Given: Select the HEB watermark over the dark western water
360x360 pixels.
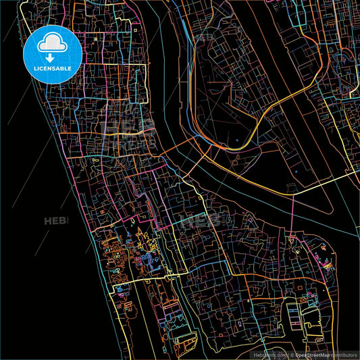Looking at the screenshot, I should pyautogui.click(x=57, y=221).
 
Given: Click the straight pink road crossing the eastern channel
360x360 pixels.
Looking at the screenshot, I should pyautogui.click(x=292, y=216).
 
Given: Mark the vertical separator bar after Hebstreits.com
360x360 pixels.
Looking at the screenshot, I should pyautogui.click(x=286, y=355).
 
